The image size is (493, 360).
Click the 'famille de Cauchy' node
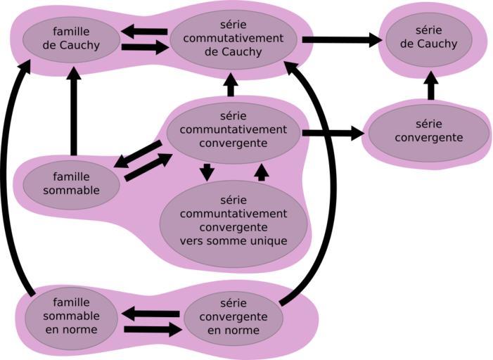pos(71,39)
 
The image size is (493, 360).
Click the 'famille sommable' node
pos(71,184)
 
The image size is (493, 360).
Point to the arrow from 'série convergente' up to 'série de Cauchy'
pos(431,86)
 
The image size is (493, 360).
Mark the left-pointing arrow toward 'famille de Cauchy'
pos(144,31)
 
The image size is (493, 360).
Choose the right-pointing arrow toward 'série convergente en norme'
pos(152,329)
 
